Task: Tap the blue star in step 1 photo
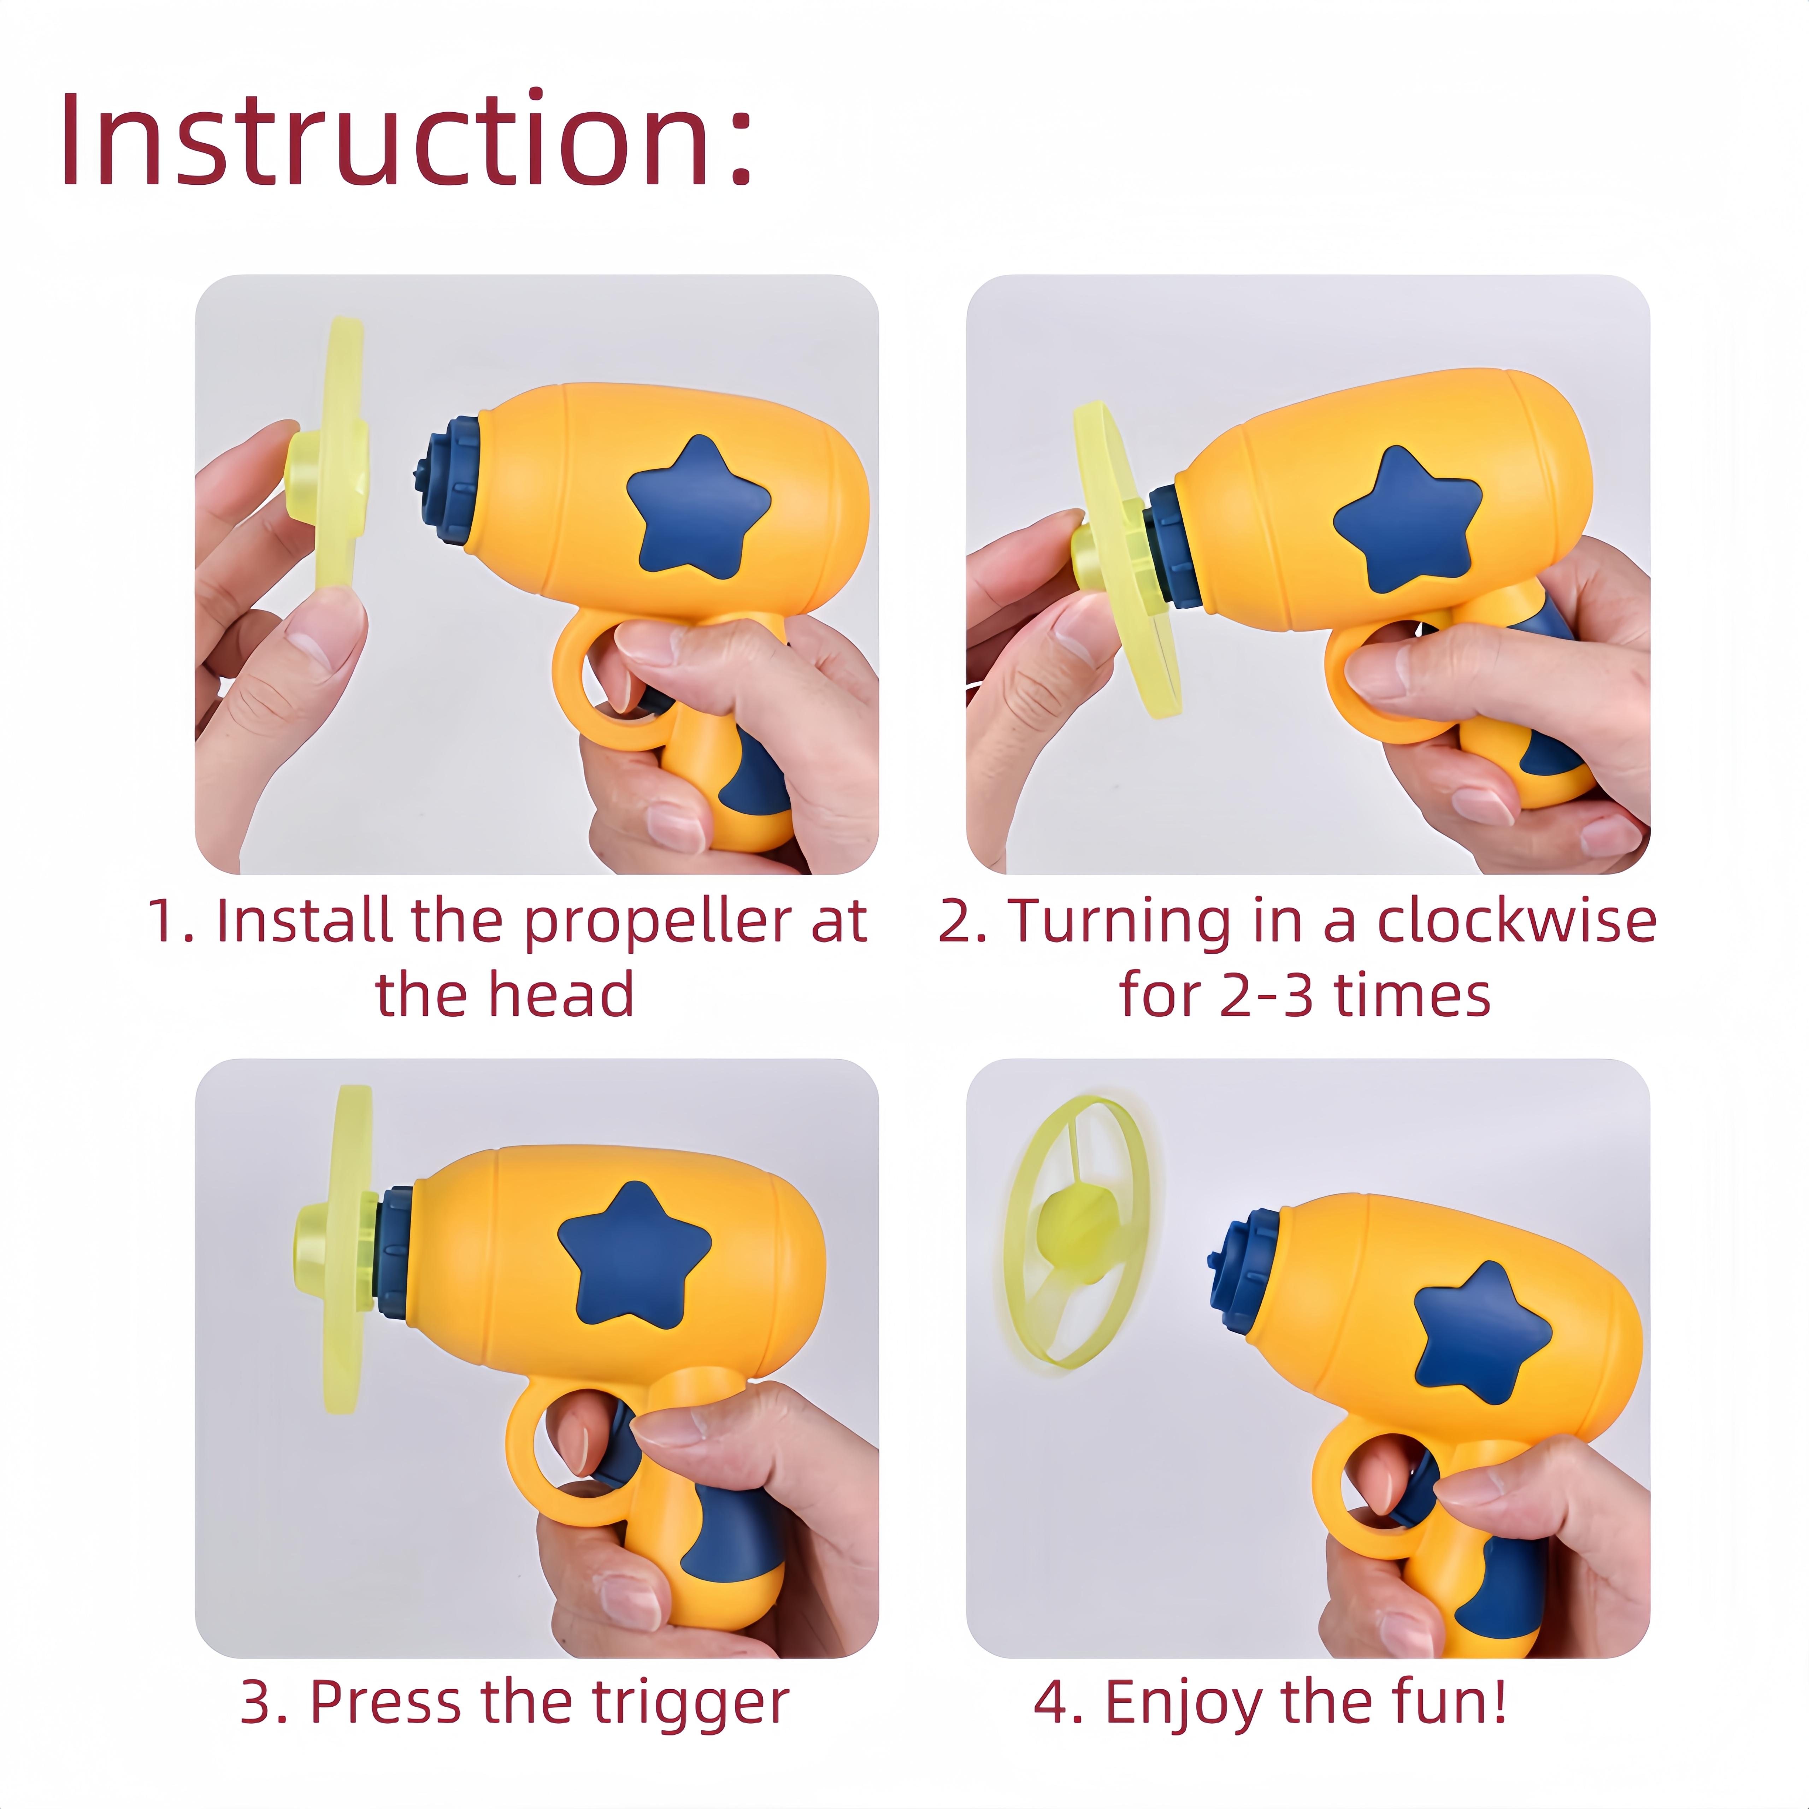(x=697, y=508)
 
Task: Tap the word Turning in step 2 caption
(x=1119, y=922)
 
